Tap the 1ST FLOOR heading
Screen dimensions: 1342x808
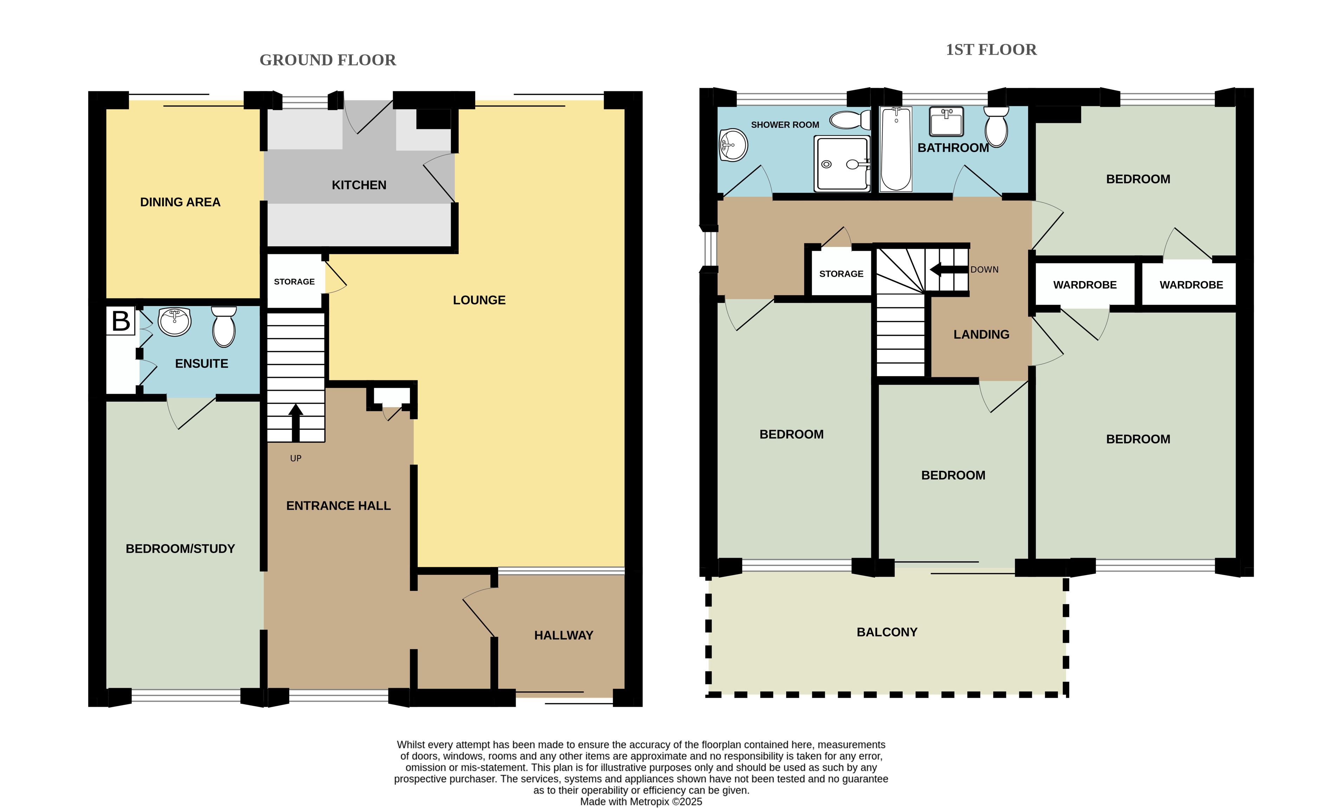[991, 50]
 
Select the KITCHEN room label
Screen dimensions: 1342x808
[359, 185]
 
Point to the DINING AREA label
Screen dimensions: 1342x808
[180, 202]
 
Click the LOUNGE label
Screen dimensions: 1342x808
[479, 300]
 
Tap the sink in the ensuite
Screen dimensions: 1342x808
[174, 322]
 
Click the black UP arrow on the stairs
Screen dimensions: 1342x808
[296, 423]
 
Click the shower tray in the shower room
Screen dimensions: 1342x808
[842, 164]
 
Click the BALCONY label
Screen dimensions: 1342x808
[887, 632]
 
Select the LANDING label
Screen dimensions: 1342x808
[981, 334]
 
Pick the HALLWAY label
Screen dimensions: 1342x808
[564, 636]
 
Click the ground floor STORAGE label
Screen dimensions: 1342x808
[294, 281]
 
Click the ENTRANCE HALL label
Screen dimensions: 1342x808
[338, 506]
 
